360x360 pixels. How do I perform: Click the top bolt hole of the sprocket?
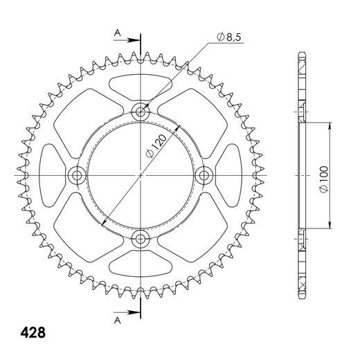141,112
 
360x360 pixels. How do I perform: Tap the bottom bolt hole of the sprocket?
141,240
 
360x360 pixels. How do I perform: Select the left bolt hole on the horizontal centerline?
78,176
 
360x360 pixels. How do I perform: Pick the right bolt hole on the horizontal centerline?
205,176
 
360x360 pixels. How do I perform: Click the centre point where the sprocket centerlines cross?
141,176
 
